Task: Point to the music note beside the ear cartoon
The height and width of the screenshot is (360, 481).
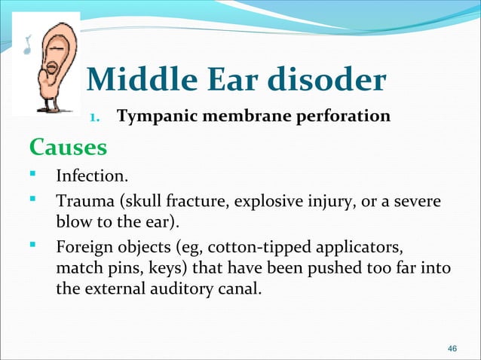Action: point(28,47)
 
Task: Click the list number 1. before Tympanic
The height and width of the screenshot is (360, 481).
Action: point(96,118)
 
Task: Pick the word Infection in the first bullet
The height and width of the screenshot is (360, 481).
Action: point(90,177)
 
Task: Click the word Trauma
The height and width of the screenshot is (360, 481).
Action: point(81,203)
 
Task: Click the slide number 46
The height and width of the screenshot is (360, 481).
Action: point(452,348)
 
